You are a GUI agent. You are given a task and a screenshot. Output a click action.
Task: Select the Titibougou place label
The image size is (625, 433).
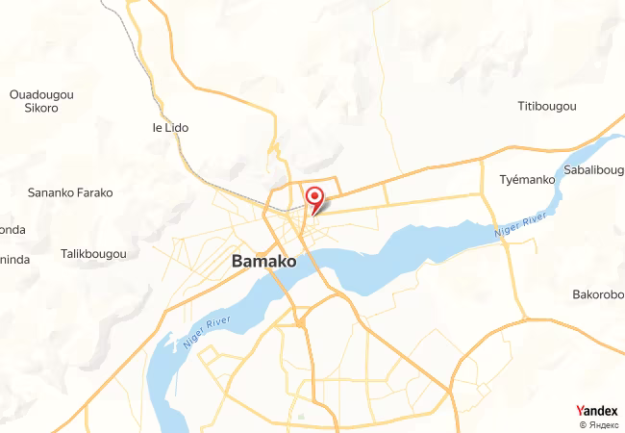coord(546,105)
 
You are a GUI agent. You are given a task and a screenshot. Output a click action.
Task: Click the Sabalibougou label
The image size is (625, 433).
coord(593,169)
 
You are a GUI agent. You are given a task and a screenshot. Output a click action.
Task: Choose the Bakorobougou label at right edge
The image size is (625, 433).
coord(598,293)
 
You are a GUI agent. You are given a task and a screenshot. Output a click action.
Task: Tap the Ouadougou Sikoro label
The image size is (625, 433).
coord(41,101)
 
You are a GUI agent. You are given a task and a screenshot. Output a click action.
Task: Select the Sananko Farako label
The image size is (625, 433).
coord(70,192)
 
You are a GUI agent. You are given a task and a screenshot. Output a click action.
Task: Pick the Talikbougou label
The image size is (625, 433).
coord(93,254)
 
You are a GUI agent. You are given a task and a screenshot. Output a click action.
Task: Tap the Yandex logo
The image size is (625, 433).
coord(596,411)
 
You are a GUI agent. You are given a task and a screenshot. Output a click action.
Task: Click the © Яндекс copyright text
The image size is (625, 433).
coord(599,424)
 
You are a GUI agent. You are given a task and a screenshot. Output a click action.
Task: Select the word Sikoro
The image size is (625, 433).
coord(41,108)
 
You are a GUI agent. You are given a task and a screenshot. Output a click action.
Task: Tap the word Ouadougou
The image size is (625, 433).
coord(41,94)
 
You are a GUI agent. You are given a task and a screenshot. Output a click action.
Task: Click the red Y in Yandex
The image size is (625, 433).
coord(579,411)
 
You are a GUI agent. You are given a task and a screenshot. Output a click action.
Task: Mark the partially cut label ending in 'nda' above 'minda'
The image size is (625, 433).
coord(12,230)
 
